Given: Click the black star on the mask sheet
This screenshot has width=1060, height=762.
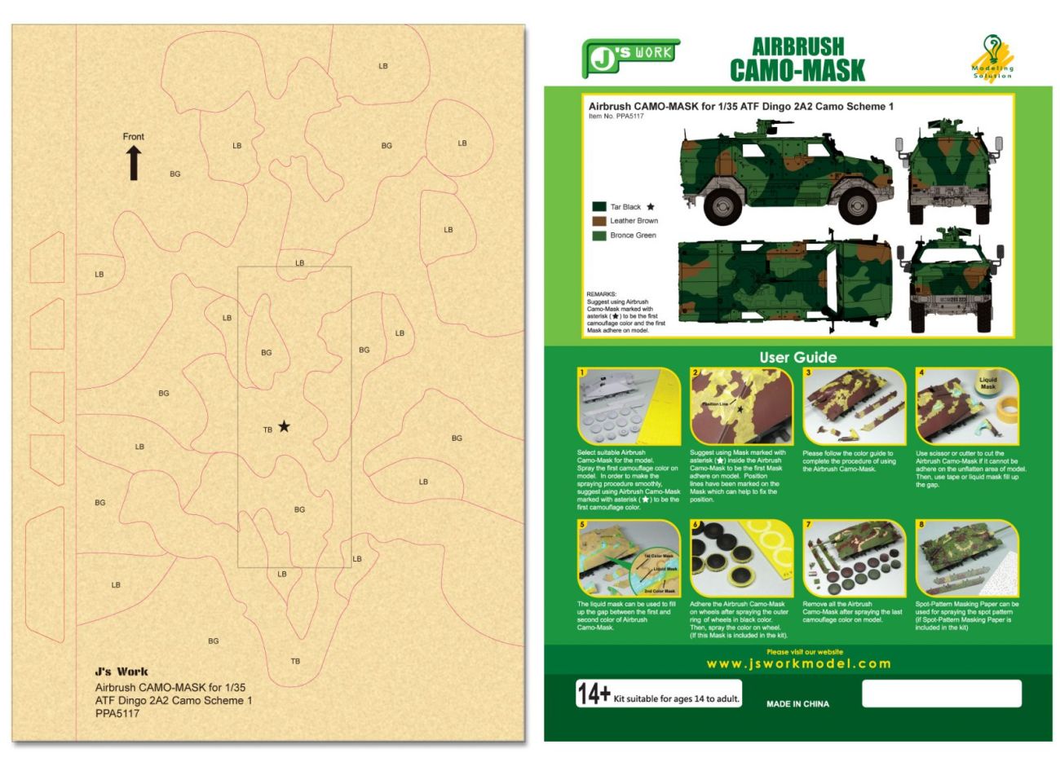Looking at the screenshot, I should [x=284, y=426].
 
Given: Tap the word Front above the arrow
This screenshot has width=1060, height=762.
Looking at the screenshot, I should [x=134, y=137].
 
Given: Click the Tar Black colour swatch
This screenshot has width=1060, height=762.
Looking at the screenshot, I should [x=599, y=207].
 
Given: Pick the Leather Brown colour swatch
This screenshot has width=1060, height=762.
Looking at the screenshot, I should [x=599, y=221].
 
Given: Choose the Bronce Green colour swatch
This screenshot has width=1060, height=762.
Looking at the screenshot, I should [x=599, y=236].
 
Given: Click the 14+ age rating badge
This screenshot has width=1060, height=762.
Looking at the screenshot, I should [x=594, y=694].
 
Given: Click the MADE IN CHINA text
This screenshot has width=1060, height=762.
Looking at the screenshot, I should [x=797, y=704].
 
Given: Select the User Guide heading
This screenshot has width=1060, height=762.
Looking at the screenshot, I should [x=797, y=357].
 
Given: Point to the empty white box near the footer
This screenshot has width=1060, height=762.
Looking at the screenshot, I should [x=941, y=694].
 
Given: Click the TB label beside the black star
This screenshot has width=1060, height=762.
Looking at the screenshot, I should [x=267, y=429].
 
